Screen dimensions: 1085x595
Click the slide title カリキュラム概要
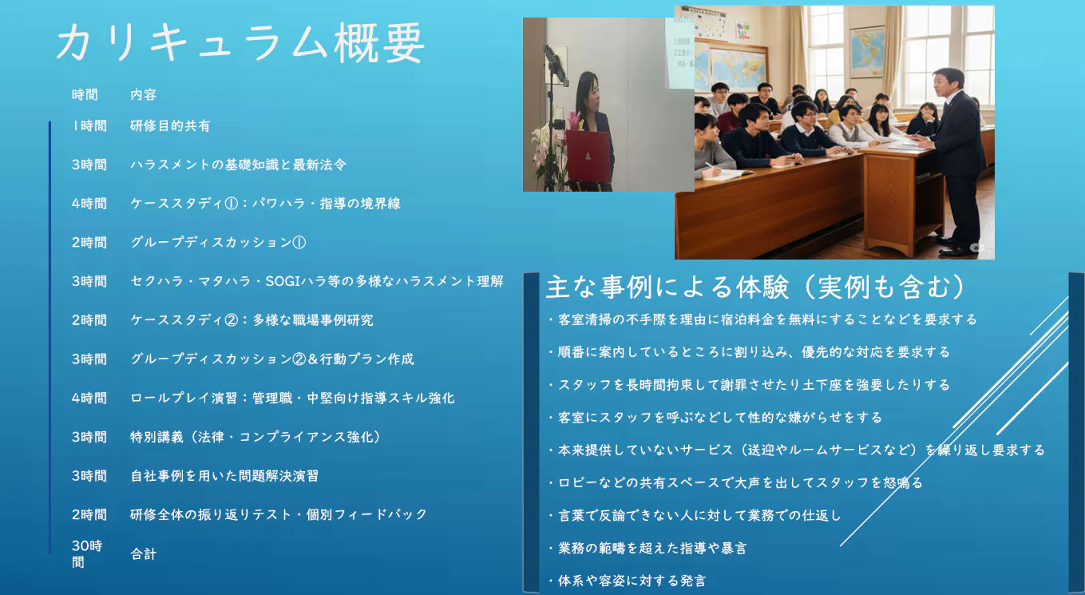240,43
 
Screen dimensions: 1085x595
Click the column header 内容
144,94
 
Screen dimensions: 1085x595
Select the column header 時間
85,94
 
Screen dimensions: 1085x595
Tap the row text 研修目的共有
170,126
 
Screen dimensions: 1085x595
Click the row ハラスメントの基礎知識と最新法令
238,165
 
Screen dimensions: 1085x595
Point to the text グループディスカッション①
218,242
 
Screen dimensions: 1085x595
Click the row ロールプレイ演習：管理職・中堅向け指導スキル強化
292,398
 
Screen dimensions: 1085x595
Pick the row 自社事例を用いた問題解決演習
224,476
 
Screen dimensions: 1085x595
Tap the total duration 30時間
87,553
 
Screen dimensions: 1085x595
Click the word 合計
144,553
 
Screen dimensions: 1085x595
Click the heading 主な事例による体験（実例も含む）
755,287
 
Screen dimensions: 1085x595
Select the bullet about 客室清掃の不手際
762,319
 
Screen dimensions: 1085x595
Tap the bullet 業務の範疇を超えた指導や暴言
647,548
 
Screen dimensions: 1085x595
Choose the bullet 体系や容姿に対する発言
627,581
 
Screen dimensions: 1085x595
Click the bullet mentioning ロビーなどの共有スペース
735,482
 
